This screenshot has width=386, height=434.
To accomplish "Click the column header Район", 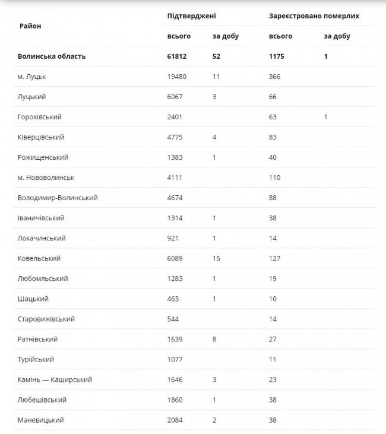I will (x=30, y=26).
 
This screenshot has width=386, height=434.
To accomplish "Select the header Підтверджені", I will (x=191, y=16).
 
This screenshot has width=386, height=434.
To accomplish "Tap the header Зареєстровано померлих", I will (x=314, y=16).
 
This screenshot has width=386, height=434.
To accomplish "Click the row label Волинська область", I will (x=52, y=56).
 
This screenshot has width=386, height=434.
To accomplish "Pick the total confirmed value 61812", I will (x=179, y=56).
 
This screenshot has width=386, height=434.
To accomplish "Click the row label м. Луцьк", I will (x=32, y=77).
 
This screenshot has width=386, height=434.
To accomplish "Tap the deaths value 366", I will (x=275, y=77).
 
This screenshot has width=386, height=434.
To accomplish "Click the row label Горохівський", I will (x=40, y=117).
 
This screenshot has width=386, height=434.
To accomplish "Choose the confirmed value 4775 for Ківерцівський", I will (x=177, y=137).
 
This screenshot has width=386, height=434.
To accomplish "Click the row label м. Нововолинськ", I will (x=46, y=178).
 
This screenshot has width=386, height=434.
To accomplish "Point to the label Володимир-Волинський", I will (x=58, y=198).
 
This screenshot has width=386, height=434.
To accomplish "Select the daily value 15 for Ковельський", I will (x=217, y=258).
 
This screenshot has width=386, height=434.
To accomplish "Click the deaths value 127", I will (x=275, y=258).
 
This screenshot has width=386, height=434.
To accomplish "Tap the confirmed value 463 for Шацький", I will (x=175, y=299).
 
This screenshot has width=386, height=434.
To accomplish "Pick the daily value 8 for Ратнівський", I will (x=215, y=339).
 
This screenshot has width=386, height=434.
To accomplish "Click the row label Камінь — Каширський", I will (x=55, y=379).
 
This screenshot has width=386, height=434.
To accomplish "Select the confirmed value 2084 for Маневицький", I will (x=177, y=420).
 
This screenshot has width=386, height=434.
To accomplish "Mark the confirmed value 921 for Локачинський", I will (x=175, y=238).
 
